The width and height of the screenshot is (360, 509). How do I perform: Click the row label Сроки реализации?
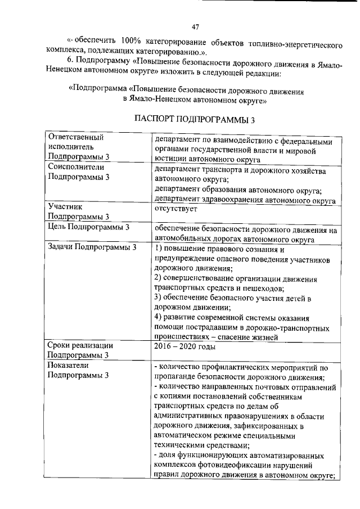(x=81, y=345)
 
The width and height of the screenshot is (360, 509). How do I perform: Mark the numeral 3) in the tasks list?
(x=159, y=298)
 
